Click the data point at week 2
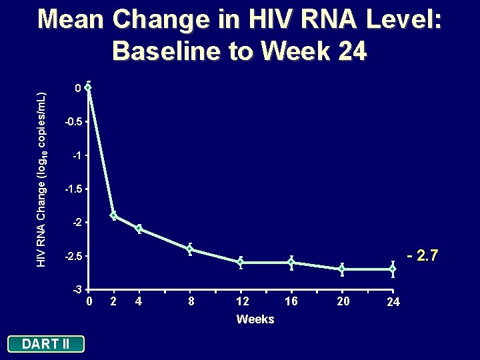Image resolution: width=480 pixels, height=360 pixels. tap(114, 215)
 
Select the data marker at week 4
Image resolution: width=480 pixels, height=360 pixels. tap(139, 229)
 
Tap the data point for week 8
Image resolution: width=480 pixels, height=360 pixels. tap(190, 249)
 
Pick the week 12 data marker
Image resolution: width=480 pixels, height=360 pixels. tap(241, 262)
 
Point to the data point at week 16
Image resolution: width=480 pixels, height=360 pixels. tap(291, 262)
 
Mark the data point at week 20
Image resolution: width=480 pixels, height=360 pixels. tap(342, 269)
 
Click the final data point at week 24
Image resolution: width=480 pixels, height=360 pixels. tap(393, 269)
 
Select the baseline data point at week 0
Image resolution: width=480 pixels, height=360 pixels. tap(88, 87)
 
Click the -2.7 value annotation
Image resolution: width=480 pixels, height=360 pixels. tap(422, 255)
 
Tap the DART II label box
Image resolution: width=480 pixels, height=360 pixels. tap(45, 344)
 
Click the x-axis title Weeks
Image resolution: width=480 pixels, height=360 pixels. tap(255, 319)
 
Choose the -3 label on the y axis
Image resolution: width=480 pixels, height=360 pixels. tap(78, 289)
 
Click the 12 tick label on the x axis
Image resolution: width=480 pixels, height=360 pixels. tap(241, 302)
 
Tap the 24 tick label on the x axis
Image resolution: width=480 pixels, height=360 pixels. tap(394, 303)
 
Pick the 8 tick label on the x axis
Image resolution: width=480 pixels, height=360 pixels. tap(191, 302)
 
